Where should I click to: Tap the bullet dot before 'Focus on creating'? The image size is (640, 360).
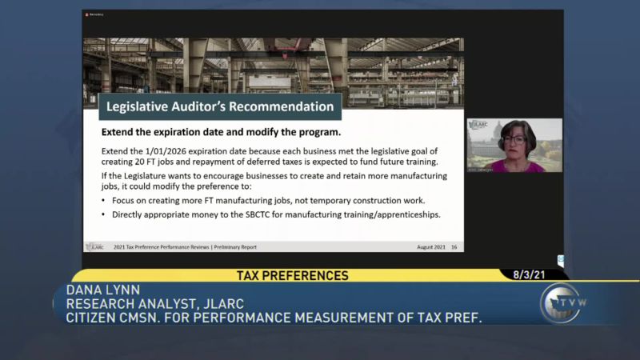coord(103,200)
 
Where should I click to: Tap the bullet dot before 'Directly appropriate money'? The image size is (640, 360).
coord(103,214)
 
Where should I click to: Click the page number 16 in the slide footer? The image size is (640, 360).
coord(454,247)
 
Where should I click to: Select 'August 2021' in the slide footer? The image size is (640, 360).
coord(431,247)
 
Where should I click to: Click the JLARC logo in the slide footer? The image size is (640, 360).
coord(94,247)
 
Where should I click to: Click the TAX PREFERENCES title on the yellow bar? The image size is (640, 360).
coord(293,275)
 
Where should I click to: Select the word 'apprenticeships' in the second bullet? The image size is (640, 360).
coord(405,214)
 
